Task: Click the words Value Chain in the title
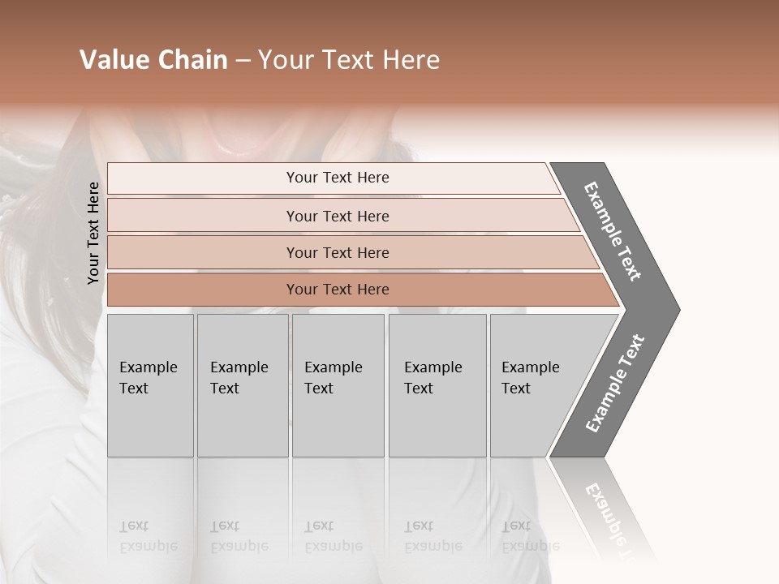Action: (x=153, y=60)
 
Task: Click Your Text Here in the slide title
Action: (x=349, y=60)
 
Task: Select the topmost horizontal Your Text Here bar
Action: (x=337, y=178)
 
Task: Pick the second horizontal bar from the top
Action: (x=337, y=216)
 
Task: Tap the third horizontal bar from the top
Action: (x=337, y=252)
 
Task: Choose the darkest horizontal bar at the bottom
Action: (x=337, y=290)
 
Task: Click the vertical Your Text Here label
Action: (x=93, y=233)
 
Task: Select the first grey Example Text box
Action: (x=150, y=385)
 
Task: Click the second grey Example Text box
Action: (x=242, y=385)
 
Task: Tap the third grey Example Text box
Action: (x=338, y=385)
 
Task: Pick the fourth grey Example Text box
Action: (x=437, y=385)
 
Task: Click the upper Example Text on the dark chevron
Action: (x=613, y=231)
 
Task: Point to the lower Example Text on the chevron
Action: (x=615, y=384)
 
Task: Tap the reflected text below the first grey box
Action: (x=148, y=536)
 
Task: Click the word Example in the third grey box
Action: (x=333, y=367)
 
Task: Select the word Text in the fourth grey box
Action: (x=419, y=389)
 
